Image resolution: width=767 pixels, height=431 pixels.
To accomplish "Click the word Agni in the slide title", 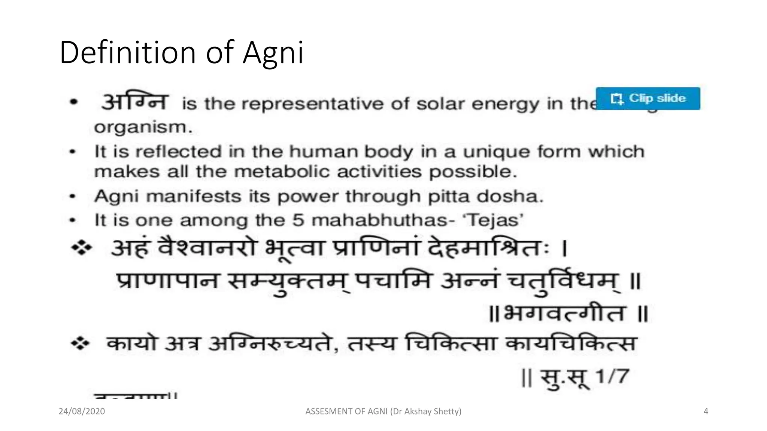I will [273, 53].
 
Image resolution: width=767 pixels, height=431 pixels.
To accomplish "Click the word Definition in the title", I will [127, 52].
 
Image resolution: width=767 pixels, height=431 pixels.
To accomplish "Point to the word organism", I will [143, 128].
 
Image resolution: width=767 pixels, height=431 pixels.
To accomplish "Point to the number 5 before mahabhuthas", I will [298, 220].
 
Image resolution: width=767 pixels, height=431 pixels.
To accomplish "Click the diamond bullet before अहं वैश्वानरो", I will [82, 248].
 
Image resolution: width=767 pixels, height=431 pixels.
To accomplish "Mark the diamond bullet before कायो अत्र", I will [81, 343].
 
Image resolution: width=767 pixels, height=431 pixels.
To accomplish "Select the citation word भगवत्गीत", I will [563, 313].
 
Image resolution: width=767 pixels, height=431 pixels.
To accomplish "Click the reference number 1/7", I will [612, 376].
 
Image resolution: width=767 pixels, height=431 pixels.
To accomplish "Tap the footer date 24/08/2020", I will [82, 411].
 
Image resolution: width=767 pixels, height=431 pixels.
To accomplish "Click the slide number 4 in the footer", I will [706, 411].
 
